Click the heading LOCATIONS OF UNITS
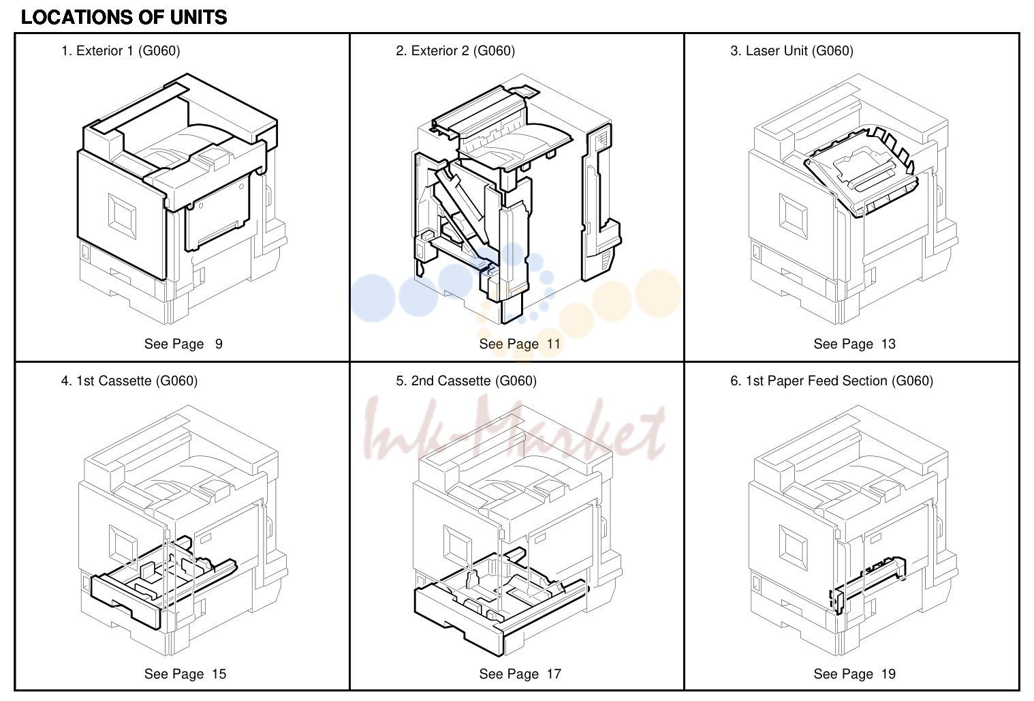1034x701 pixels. [124, 18]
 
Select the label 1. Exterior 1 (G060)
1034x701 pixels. [121, 51]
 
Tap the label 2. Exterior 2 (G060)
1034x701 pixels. [455, 51]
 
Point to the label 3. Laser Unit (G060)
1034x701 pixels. [792, 51]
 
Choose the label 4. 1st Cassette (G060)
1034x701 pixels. [129, 381]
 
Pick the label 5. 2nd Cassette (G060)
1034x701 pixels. [466, 381]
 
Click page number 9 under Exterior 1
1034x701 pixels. [219, 344]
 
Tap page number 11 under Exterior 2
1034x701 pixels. [554, 344]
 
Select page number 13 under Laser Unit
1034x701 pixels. [888, 344]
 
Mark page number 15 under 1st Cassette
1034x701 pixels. [219, 674]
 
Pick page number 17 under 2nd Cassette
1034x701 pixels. [554, 674]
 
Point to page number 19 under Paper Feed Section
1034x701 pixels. [888, 674]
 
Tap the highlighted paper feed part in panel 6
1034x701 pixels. [868, 584]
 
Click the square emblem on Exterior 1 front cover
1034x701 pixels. [123, 216]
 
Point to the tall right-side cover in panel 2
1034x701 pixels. [600, 203]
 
